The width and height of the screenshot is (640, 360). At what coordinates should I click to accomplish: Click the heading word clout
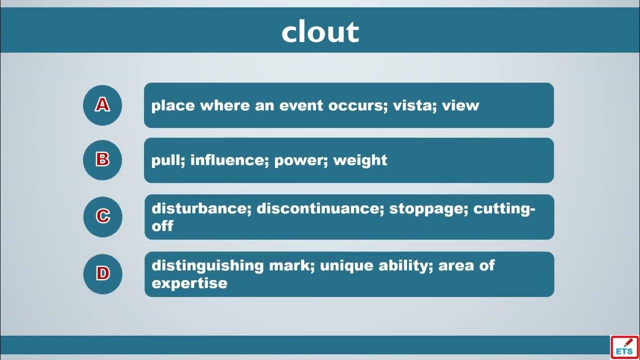(320, 31)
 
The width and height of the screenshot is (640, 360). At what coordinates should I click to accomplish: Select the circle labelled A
(102, 105)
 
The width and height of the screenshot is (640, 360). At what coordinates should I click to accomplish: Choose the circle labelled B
(102, 160)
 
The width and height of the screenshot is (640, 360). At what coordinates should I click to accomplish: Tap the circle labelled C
(102, 217)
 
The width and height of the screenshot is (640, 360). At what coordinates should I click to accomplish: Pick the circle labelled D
(102, 274)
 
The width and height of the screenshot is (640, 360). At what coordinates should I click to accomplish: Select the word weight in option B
(360, 160)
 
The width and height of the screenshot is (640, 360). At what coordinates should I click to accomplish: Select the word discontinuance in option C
(320, 208)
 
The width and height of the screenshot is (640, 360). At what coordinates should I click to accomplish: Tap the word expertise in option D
(189, 283)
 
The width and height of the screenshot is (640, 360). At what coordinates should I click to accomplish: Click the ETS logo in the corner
(624, 347)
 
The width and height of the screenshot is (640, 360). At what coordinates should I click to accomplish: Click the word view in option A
(460, 105)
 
